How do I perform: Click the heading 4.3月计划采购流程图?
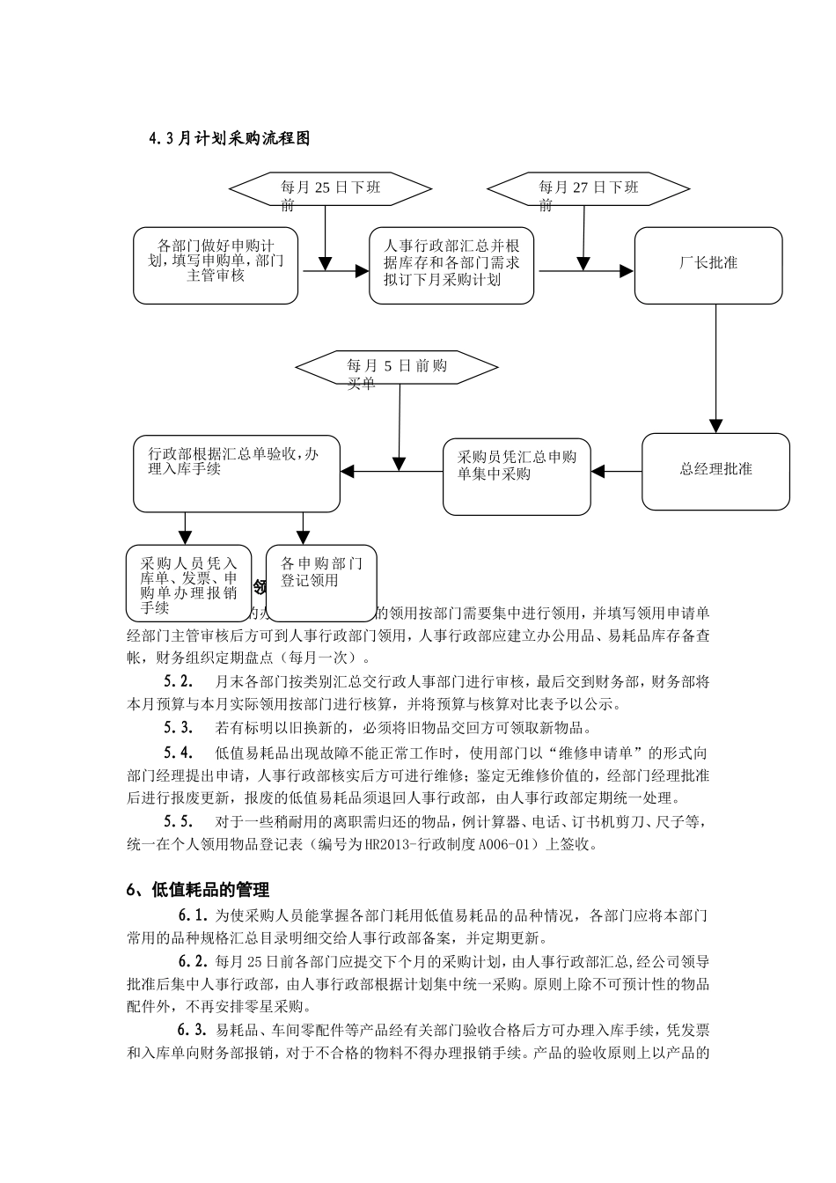(x=230, y=138)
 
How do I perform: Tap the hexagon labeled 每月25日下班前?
(x=330, y=188)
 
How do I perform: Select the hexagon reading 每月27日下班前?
(x=588, y=188)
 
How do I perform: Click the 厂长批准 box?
(x=708, y=265)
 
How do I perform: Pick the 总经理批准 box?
(x=715, y=471)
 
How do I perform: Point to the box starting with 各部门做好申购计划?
(x=216, y=266)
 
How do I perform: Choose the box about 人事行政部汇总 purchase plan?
(x=451, y=266)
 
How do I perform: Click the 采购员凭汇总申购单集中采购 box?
(x=517, y=476)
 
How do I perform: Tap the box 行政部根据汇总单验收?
(x=236, y=473)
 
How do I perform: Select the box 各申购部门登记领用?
(x=321, y=583)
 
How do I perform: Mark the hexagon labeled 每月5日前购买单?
(x=397, y=369)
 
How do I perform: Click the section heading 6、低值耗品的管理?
(x=198, y=890)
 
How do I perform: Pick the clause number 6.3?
(x=192, y=1031)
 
